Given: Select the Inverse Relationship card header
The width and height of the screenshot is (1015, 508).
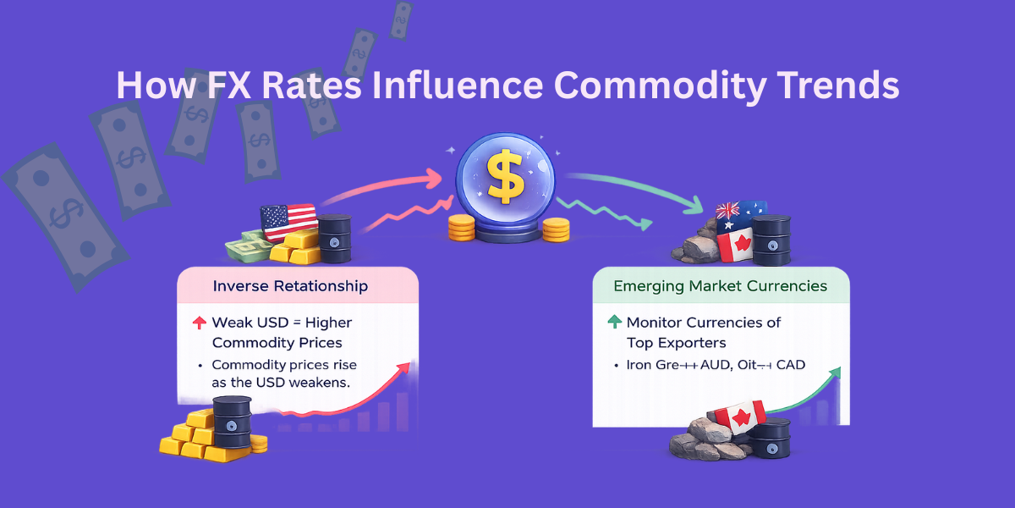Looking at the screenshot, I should click(290, 286).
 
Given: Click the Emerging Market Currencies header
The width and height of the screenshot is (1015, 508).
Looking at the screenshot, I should click(721, 286).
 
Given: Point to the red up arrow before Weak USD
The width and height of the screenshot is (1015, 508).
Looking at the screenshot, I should click(200, 323).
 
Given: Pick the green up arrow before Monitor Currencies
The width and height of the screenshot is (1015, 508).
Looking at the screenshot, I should click(614, 323).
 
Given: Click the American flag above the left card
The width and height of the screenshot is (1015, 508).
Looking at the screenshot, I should click(288, 223).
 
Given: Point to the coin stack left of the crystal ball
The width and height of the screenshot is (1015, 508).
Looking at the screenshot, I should click(461, 226).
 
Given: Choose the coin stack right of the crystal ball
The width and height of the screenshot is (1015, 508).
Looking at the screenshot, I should click(556, 228).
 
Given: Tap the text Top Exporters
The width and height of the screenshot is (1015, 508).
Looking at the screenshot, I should click(677, 343).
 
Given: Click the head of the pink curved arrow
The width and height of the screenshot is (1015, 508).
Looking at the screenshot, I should click(436, 178).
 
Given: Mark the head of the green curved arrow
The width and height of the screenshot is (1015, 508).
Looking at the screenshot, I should click(699, 206).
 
